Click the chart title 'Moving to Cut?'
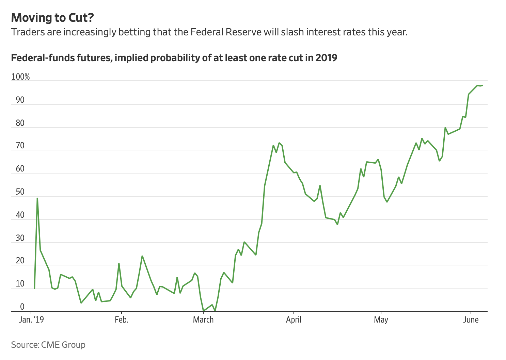coord(52,18)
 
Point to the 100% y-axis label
coord(20,77)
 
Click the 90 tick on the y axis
coord(20,100)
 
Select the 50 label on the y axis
coord(20,192)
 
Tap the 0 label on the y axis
coord(22,307)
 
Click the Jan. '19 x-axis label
coord(32,320)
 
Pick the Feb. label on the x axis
coord(121,320)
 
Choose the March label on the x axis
coord(203,320)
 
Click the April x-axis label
coord(294,320)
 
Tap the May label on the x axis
coord(381,320)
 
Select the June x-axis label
coord(471,320)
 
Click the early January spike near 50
coord(37,198)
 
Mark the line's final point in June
coord(483,85)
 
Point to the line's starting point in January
coord(34,288)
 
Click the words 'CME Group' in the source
coord(63,345)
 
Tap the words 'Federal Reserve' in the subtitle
coord(226,32)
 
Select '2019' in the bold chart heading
coord(326,58)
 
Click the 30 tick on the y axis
coord(20,238)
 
